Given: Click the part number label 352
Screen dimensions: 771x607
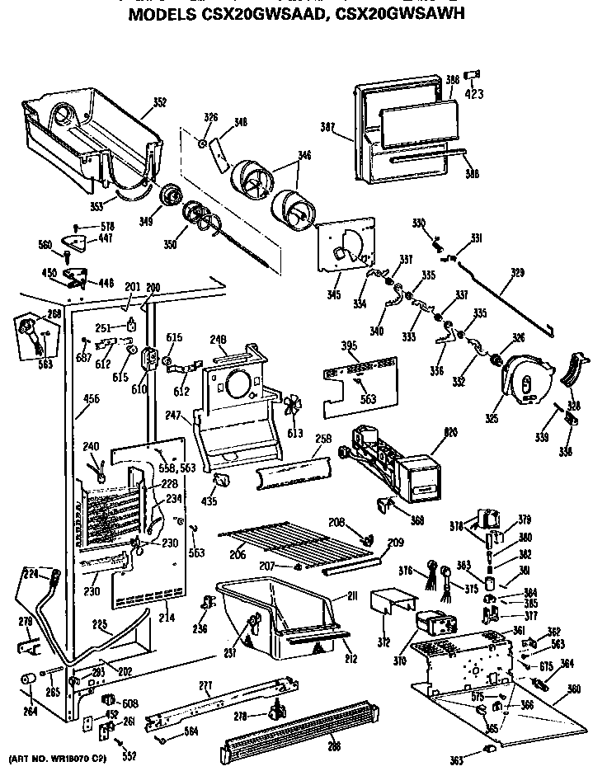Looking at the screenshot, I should click(160, 103).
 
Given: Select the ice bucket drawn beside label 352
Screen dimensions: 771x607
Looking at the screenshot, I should click(91, 140).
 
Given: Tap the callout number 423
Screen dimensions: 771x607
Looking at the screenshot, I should click(474, 93).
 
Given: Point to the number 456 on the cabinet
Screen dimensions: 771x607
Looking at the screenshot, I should click(85, 398).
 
